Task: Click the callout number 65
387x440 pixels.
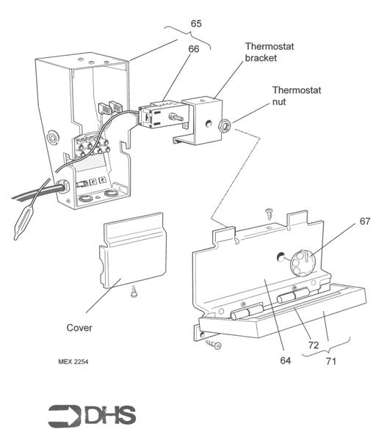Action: click(x=196, y=23)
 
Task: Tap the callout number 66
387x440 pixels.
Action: click(x=194, y=49)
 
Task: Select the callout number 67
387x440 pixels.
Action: click(x=365, y=221)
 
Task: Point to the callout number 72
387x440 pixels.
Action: click(x=314, y=345)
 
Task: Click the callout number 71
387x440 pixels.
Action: click(x=331, y=361)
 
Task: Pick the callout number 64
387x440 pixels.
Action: click(x=285, y=360)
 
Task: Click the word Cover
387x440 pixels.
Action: click(x=79, y=328)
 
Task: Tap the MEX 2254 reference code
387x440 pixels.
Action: click(x=73, y=362)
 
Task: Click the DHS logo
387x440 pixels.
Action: click(x=92, y=416)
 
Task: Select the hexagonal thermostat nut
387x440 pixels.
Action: click(x=225, y=125)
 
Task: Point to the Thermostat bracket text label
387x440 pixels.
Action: click(x=270, y=52)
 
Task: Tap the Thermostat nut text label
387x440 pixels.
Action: click(x=297, y=96)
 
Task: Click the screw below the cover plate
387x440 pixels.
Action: click(x=134, y=292)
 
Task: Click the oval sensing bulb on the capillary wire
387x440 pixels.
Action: click(x=23, y=222)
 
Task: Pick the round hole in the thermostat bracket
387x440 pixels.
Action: click(x=209, y=123)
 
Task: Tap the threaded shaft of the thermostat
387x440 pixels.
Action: click(x=176, y=117)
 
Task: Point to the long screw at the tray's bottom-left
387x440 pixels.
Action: click(x=213, y=344)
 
